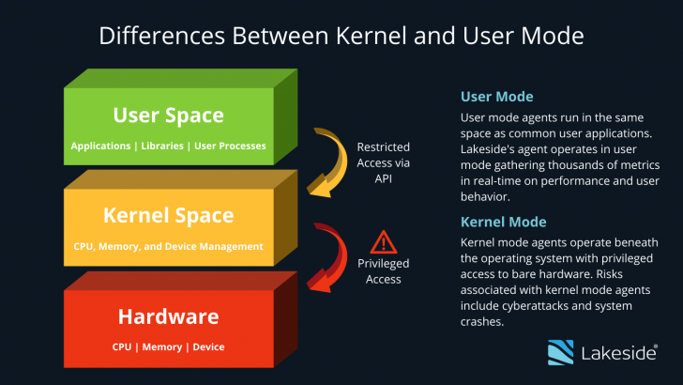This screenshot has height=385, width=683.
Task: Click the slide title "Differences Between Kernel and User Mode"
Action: (x=341, y=37)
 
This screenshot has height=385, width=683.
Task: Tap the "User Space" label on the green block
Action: (x=169, y=116)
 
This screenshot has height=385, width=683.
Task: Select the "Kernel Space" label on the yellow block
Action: (x=169, y=215)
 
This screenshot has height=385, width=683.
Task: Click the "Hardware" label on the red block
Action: (x=169, y=316)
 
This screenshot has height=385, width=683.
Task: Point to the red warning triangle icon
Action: (x=384, y=242)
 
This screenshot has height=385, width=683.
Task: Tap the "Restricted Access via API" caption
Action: (x=384, y=162)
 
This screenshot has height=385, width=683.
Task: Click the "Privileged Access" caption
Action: (x=384, y=271)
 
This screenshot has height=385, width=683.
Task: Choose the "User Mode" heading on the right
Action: (x=496, y=97)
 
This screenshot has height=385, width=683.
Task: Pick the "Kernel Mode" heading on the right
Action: (x=503, y=222)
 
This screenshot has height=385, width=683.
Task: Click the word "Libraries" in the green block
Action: (x=163, y=146)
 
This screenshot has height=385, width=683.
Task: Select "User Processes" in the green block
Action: (x=230, y=146)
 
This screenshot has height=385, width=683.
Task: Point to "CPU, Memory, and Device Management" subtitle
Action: (x=169, y=247)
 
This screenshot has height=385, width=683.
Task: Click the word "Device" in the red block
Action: (x=208, y=346)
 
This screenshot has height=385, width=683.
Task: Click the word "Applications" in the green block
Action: (x=101, y=146)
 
